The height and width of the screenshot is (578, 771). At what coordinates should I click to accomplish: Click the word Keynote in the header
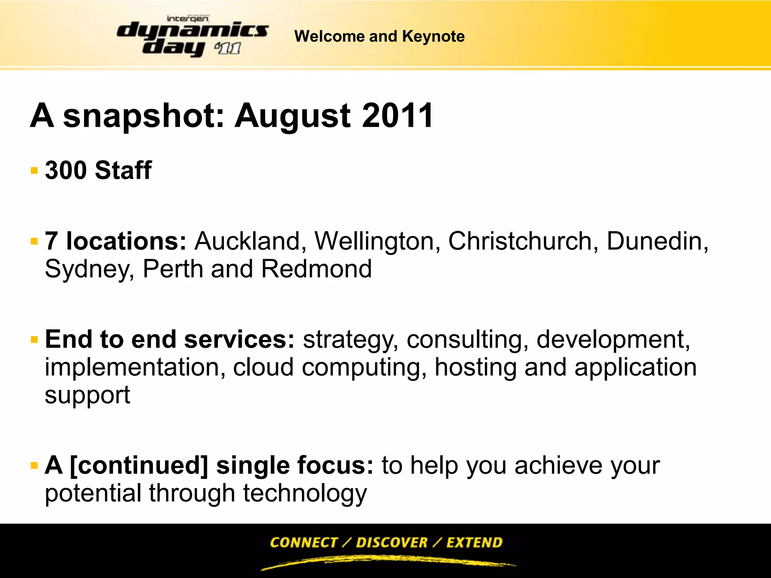pyautogui.click(x=433, y=37)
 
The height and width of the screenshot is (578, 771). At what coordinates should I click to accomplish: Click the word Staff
pyautogui.click(x=123, y=170)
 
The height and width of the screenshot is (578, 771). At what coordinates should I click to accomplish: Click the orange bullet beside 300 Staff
pyautogui.click(x=34, y=171)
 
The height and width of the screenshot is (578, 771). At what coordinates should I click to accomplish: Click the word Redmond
pyautogui.click(x=317, y=269)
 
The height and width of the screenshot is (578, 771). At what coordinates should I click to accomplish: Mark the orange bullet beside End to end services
pyautogui.click(x=34, y=340)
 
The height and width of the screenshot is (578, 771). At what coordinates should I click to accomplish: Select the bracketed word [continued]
pyautogui.click(x=139, y=465)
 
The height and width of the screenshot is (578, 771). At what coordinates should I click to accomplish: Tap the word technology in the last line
pyautogui.click(x=305, y=494)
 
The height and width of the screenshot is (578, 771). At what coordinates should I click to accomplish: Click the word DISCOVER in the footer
pyautogui.click(x=392, y=542)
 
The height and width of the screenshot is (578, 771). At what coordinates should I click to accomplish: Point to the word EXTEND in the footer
pyautogui.click(x=474, y=542)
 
